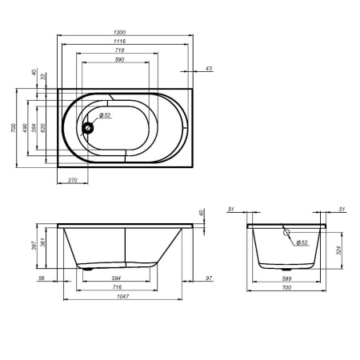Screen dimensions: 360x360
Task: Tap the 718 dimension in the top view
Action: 119,50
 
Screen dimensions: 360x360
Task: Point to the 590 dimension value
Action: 119,60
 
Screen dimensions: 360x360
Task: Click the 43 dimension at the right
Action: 209,70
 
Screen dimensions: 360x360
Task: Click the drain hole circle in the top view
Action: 91,124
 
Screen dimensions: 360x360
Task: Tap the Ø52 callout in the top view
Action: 106,116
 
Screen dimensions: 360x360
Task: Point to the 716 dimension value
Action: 117,286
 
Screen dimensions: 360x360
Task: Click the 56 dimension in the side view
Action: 42,278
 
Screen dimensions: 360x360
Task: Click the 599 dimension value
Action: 286,278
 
